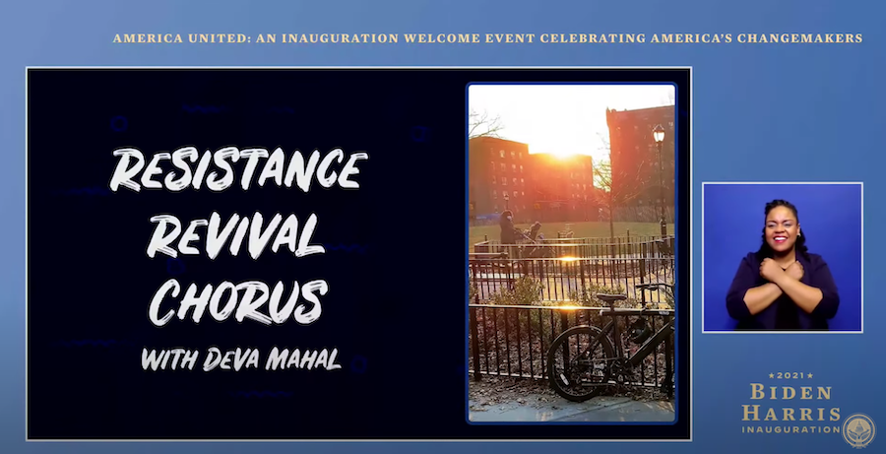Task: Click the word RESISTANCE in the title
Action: click(238, 169)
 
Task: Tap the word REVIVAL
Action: click(234, 235)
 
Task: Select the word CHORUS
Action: click(238, 302)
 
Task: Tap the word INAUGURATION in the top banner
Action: click(341, 38)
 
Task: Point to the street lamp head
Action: click(659, 134)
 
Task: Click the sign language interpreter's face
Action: click(783, 230)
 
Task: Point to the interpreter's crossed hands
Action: click(782, 269)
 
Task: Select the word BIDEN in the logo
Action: click(791, 392)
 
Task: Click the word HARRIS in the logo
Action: click(791, 414)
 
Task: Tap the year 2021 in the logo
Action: click(791, 375)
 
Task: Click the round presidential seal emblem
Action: click(858, 430)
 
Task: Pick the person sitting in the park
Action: click(507, 227)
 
